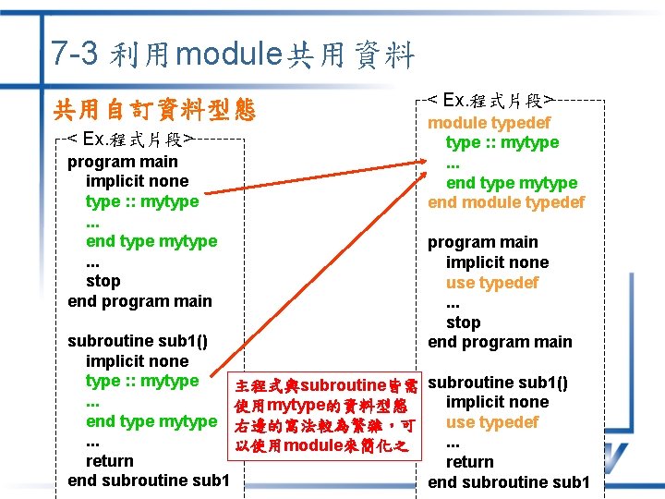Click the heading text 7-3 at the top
pyautogui.click(x=75, y=54)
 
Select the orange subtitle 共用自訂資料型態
pyautogui.click(x=153, y=111)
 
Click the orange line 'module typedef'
pyautogui.click(x=489, y=123)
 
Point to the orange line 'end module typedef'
pyautogui.click(x=506, y=202)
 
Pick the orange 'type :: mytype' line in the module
pyautogui.click(x=502, y=142)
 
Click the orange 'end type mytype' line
pyautogui.click(x=512, y=183)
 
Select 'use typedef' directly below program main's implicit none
pyautogui.click(x=491, y=283)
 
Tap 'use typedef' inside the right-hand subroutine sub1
pyautogui.click(x=491, y=422)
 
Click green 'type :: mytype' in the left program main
pyautogui.click(x=141, y=201)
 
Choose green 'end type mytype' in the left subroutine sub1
pyautogui.click(x=151, y=421)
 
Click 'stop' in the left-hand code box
pyautogui.click(x=103, y=281)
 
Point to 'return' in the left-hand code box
pyautogui.click(x=109, y=461)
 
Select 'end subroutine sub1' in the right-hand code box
pyautogui.click(x=509, y=482)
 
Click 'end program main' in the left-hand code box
pyautogui.click(x=139, y=301)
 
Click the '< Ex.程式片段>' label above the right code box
pyautogui.click(x=490, y=100)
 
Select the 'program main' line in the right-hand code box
pyautogui.click(x=482, y=242)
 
